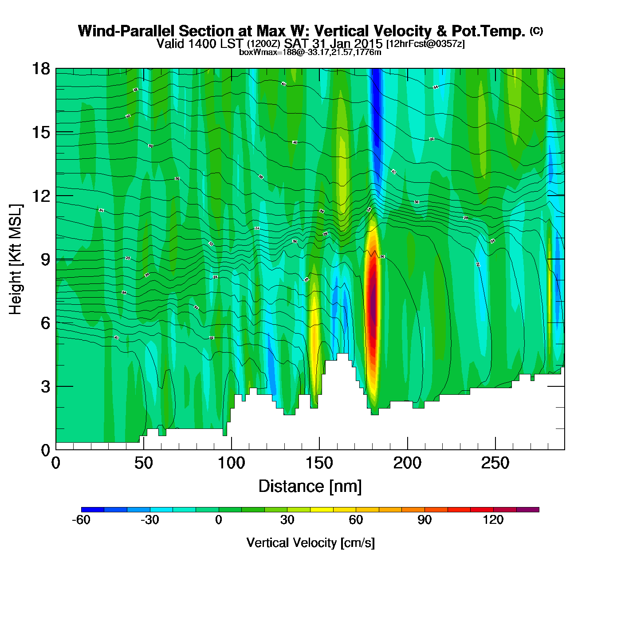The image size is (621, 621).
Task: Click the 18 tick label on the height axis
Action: pyautogui.click(x=40, y=69)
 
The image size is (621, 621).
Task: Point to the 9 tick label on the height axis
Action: pyautogui.click(x=45, y=259)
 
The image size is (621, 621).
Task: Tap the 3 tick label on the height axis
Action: pyautogui.click(x=45, y=387)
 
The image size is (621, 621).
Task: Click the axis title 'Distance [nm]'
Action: pyautogui.click(x=310, y=486)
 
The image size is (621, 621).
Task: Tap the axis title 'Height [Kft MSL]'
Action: pyautogui.click(x=16, y=259)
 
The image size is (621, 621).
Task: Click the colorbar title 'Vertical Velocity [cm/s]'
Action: pyautogui.click(x=310, y=542)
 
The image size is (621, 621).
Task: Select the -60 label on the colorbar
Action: pyautogui.click(x=81, y=520)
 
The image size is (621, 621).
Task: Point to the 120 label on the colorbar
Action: pyautogui.click(x=493, y=520)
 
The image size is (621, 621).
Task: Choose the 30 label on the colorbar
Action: pyautogui.click(x=287, y=520)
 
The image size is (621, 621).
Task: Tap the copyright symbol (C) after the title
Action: pyautogui.click(x=536, y=31)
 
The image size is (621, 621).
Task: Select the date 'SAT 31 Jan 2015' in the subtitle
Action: pyautogui.click(x=333, y=43)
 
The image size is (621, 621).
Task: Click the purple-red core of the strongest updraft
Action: pyautogui.click(x=373, y=306)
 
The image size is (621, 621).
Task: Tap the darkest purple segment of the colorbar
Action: pyautogui.click(x=528, y=510)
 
